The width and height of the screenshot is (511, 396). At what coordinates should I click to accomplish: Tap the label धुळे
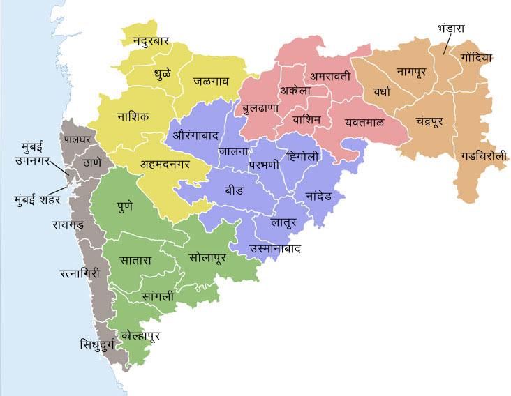coord(163,72)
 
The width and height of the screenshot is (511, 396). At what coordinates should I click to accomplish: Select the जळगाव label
coord(211,81)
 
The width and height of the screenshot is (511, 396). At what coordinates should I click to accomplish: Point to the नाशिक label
coord(133,116)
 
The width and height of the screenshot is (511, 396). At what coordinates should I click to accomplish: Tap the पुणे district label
coord(126,206)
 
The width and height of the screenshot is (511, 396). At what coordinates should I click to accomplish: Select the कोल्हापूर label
coord(140,336)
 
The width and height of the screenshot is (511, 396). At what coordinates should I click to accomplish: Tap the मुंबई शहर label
coord(38,199)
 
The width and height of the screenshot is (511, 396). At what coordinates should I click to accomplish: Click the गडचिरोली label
coord(483,157)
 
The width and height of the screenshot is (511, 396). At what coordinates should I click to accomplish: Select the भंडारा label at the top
coord(451,29)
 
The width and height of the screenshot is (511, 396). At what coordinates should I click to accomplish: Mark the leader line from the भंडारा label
coord(447,45)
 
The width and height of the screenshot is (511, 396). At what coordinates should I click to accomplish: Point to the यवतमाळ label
coord(364,122)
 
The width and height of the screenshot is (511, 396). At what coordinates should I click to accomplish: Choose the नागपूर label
coord(416,70)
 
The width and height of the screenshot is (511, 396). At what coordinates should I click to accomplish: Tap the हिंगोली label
coord(297,156)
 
